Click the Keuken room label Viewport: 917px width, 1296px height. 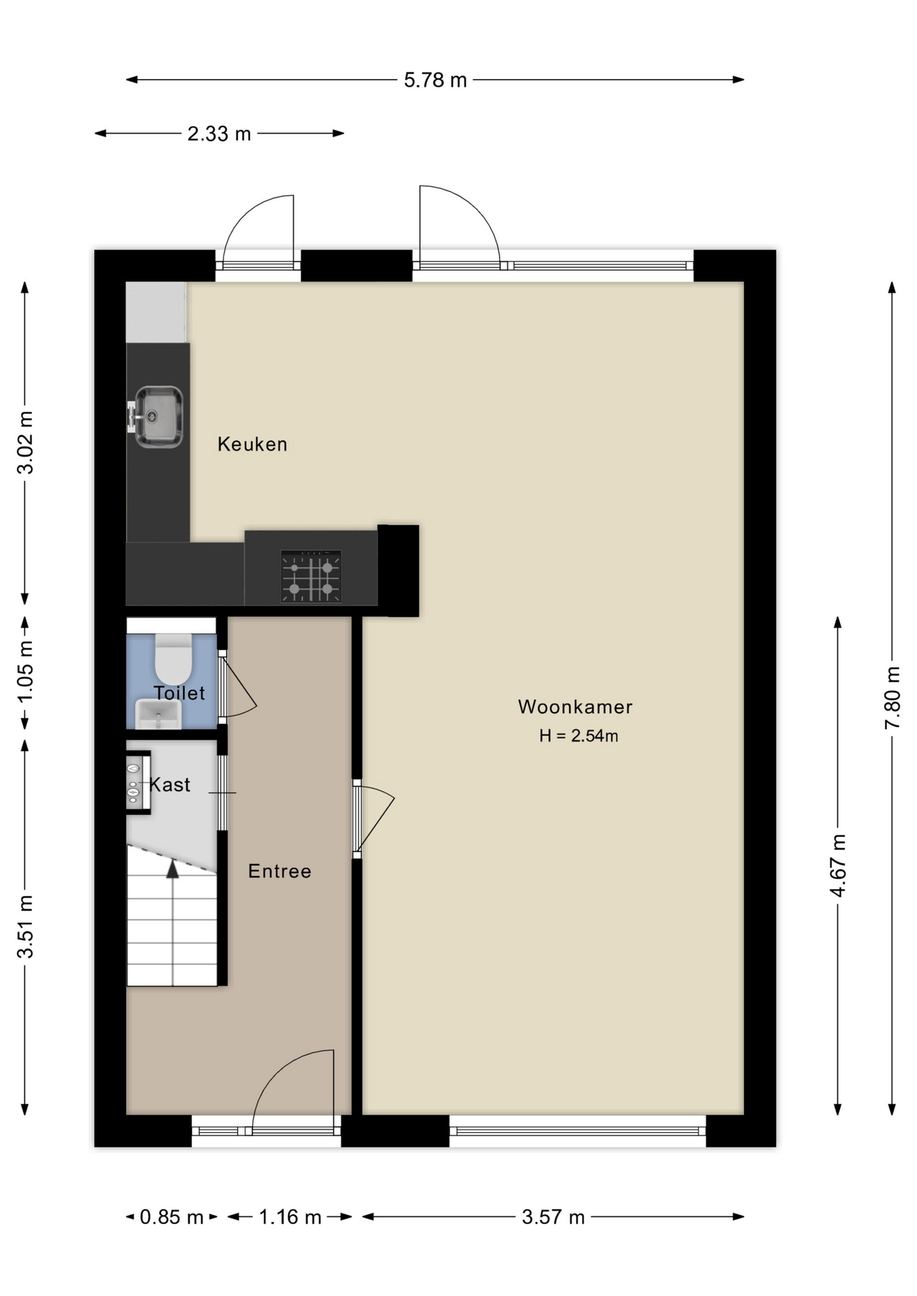[252, 444]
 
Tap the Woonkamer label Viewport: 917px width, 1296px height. [575, 707]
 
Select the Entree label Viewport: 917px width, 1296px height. [280, 871]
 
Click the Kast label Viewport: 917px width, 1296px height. [170, 784]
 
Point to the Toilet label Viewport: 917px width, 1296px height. [179, 693]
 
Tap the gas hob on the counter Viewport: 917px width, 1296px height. [311, 576]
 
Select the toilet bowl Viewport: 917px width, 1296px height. [174, 659]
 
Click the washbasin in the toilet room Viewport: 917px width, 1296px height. [159, 714]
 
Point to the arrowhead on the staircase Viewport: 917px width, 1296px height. [173, 869]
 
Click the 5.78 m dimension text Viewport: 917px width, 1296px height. [436, 80]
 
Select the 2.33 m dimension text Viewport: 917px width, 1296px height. [219, 134]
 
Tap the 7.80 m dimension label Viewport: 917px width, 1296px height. [893, 697]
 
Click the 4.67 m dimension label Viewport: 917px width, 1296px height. [838, 865]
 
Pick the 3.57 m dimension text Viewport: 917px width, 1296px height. [553, 1217]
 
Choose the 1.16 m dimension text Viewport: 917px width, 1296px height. [290, 1217]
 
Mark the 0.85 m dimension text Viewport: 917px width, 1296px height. [172, 1217]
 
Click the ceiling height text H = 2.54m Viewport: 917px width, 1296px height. [579, 736]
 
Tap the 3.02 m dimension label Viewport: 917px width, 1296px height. [26, 442]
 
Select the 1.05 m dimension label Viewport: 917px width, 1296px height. [26, 671]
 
